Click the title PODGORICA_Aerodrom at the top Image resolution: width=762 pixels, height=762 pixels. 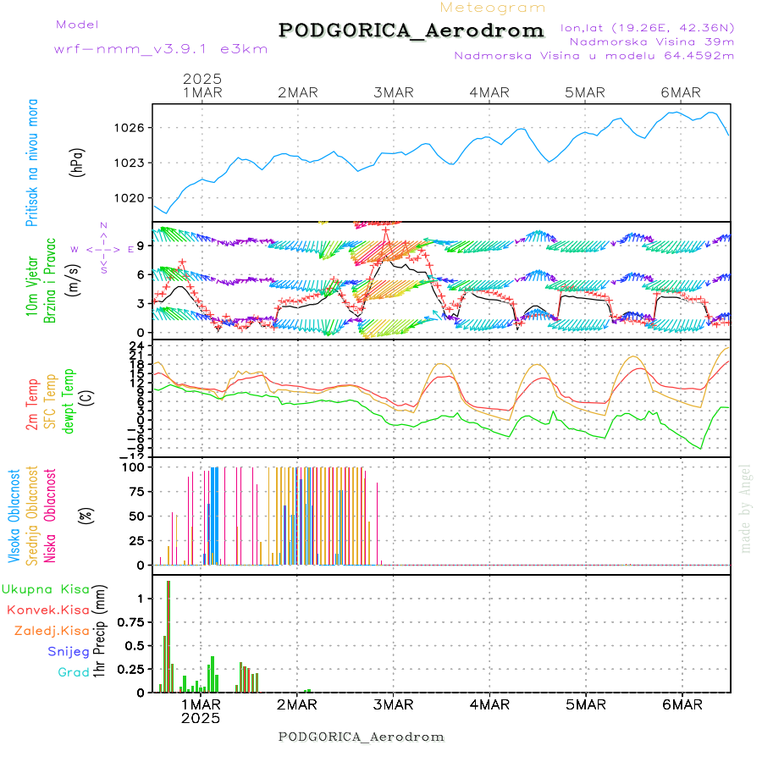click(411, 30)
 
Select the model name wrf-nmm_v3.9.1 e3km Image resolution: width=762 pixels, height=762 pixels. click(161, 48)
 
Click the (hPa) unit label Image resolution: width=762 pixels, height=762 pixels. click(78, 161)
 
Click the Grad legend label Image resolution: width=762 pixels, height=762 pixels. click(74, 672)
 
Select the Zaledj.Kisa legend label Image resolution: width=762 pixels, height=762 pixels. click(52, 631)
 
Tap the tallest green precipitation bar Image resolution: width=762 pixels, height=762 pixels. click(168, 635)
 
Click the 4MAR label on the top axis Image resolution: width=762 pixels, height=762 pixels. click(489, 92)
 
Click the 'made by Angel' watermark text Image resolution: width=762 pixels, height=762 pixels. click(745, 508)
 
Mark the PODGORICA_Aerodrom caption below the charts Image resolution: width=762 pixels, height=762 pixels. click(362, 737)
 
